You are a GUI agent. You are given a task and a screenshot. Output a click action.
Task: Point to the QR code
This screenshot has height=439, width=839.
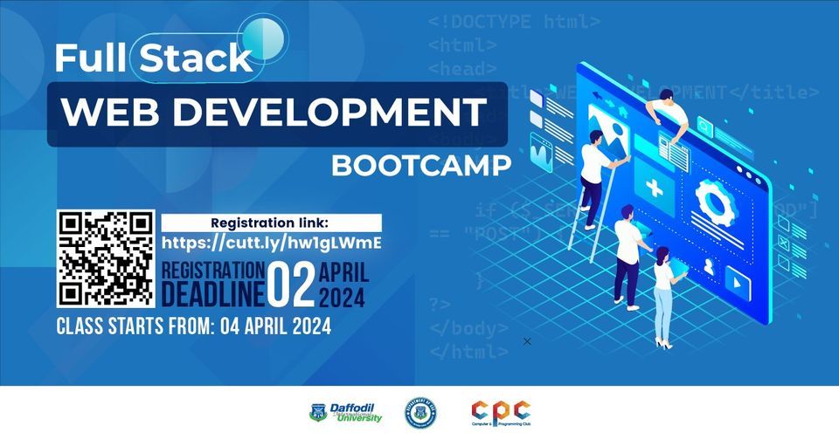(x=106, y=258)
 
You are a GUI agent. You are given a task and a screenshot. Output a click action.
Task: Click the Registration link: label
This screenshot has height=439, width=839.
(x=271, y=222)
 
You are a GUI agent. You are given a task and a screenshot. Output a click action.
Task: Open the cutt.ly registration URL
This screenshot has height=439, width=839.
(x=273, y=242)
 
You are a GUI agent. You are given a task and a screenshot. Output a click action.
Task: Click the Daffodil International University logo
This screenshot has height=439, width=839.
(x=346, y=412)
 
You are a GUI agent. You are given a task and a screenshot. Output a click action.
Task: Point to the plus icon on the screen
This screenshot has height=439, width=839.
(x=654, y=188)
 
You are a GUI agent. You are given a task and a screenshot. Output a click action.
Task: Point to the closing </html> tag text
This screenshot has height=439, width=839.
(x=468, y=352)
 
